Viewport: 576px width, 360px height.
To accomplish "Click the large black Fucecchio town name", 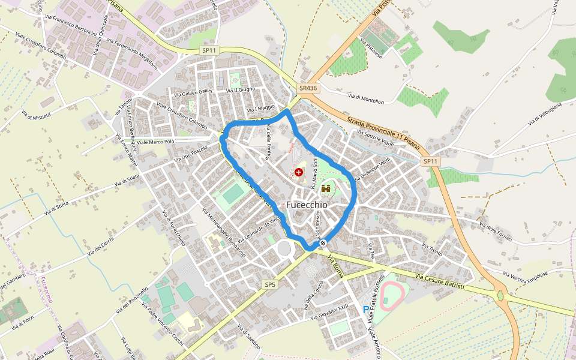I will pos(307,205).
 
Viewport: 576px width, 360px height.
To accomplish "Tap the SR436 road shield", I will pos(308,88).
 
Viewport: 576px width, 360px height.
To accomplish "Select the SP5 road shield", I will pos(270,284).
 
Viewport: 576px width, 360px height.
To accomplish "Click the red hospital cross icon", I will pos(299,172).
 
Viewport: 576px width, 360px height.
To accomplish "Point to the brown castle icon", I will pos(326,189).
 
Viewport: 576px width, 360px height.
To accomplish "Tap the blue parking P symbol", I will pos(366,310).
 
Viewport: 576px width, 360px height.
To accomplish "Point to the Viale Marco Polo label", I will pos(155,142).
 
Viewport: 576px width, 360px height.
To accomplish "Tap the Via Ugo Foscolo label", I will pos(190,154).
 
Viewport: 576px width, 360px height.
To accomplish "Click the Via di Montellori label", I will pos(365,98).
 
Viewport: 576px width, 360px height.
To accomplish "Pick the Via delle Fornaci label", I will pos(495,232).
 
